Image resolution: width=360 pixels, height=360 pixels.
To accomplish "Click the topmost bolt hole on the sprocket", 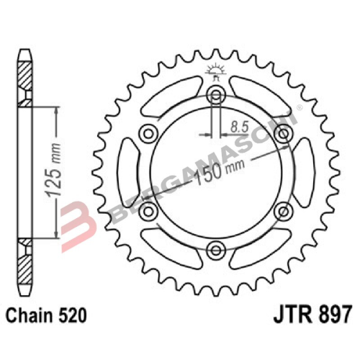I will coord(216,94).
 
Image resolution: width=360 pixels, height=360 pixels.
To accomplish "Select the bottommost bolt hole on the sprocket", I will coord(216,249).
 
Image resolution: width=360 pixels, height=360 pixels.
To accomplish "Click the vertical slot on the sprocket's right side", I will coord(303,171).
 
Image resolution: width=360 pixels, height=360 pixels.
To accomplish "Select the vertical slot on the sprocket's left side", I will coord(128,171).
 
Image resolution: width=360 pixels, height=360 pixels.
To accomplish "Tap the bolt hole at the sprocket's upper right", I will coord(284,133).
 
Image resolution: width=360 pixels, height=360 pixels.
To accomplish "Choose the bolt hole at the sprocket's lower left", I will coord(149,211).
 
